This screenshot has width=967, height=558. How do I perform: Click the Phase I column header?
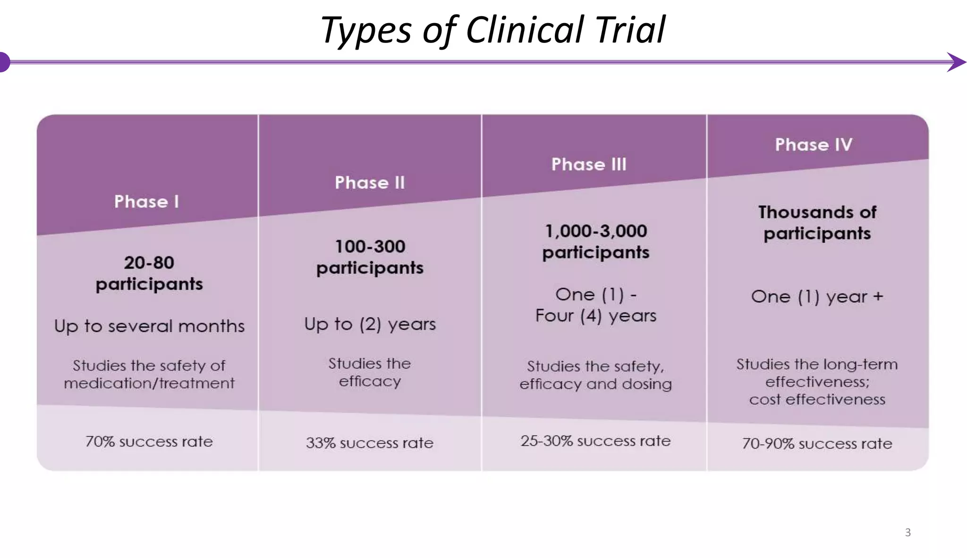[x=146, y=202]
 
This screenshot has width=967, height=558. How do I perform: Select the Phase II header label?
[x=370, y=183]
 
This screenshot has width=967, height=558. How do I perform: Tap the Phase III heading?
[x=589, y=164]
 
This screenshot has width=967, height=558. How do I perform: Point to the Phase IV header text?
[x=814, y=144]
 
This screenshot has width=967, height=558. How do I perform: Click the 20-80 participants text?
[x=149, y=273]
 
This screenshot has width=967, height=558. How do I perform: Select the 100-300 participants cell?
[x=370, y=257]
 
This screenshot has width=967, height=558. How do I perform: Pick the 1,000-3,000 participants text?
[x=596, y=242]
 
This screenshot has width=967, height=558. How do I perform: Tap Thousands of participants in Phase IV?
[x=817, y=223]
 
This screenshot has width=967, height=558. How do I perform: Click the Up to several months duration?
[x=149, y=326]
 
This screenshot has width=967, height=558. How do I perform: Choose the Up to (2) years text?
[x=370, y=324]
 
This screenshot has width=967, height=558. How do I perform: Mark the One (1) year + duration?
[x=817, y=297]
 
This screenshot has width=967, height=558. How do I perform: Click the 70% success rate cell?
[x=149, y=441]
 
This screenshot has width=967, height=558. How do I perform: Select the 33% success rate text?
[x=370, y=443]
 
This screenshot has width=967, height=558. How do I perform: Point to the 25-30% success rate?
[x=595, y=441]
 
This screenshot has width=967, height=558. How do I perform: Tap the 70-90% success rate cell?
[x=817, y=444]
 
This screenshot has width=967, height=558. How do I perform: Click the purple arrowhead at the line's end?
[x=957, y=62]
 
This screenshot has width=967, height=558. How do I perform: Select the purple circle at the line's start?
[x=4, y=62]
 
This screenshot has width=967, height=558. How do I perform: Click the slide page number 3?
[x=908, y=533]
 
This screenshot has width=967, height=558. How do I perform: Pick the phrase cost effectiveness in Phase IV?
[x=817, y=400]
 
